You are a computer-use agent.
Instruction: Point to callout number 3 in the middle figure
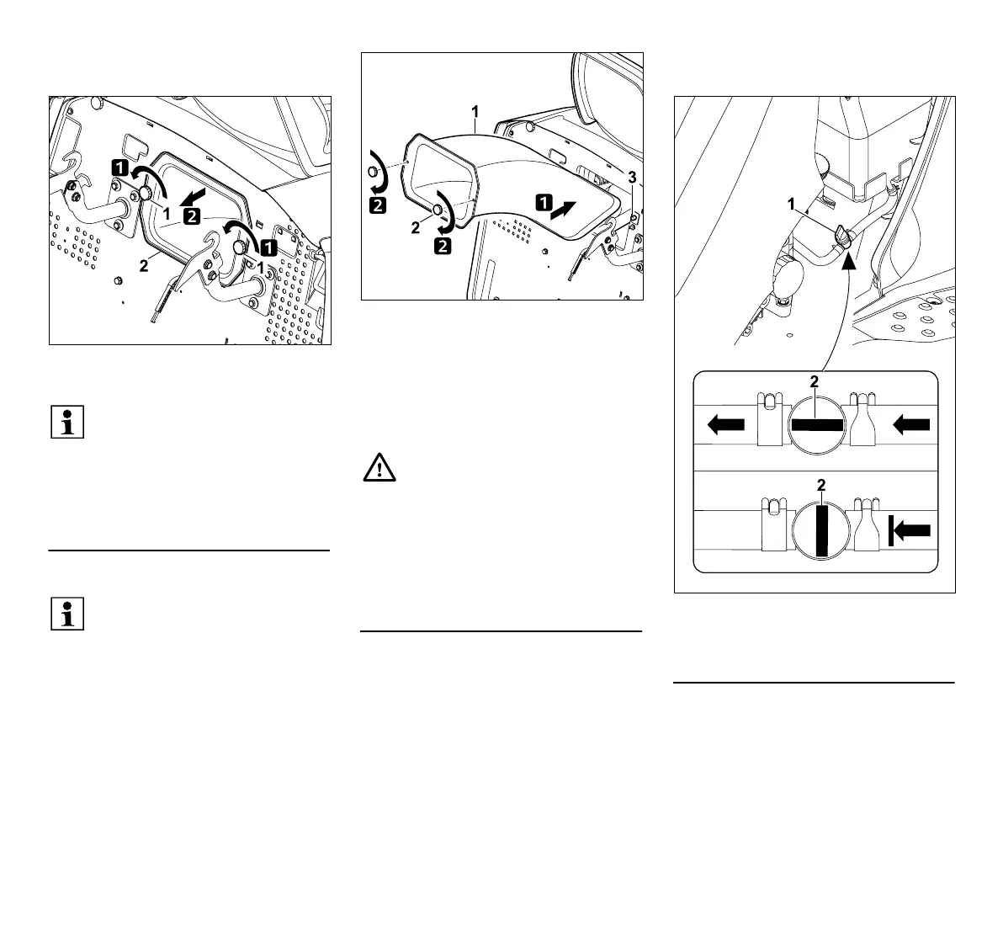pos(631,178)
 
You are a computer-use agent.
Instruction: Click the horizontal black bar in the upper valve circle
pos(816,426)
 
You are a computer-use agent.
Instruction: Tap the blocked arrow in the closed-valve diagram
pos(908,530)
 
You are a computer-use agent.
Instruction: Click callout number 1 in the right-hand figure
pos(790,203)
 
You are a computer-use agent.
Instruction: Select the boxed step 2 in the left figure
pos(193,216)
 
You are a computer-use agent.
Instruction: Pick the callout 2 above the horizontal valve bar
pos(814,382)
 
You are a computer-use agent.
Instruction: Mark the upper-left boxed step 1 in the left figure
pos(120,168)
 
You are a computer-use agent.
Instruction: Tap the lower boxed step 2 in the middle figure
pos(442,247)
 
